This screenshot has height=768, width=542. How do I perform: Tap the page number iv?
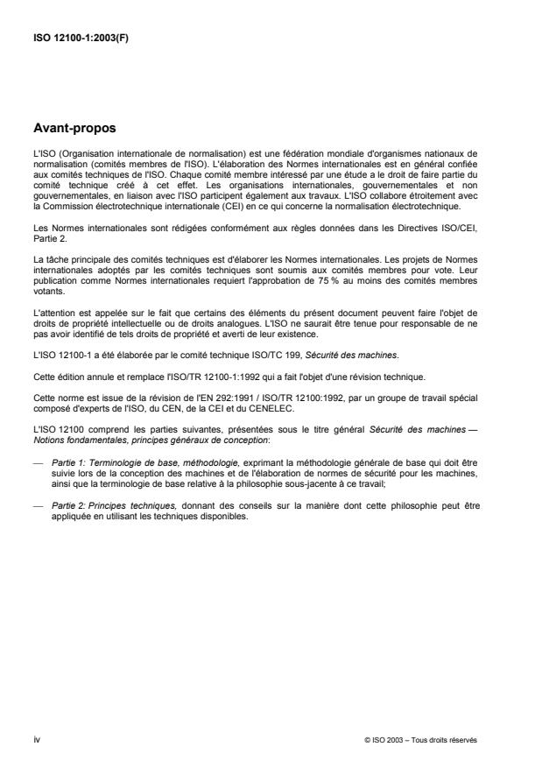[35, 739]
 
